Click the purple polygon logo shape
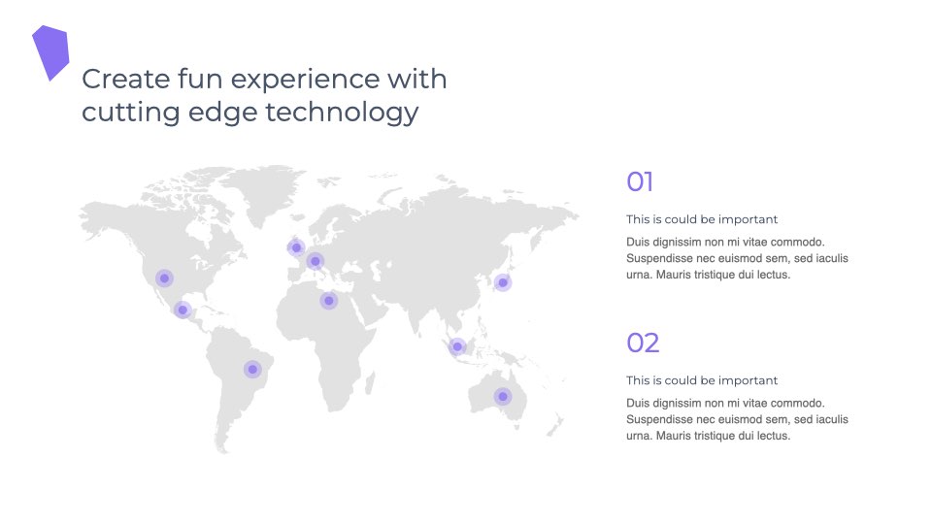51,51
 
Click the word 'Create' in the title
126,79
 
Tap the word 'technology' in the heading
342,113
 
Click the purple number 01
640,181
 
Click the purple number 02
643,343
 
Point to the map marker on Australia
503,396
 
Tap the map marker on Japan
503,282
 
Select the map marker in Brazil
252,370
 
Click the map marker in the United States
165,278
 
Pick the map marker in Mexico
183,310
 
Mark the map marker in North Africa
329,301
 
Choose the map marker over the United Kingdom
296,247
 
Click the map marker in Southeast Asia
457,346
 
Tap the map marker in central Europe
315,261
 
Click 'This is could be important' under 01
701,219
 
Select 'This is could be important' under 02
701,380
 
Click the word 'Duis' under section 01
638,242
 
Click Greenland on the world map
261,190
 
